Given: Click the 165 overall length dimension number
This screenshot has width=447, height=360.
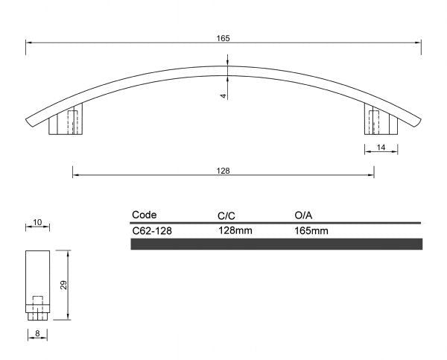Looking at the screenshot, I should [x=223, y=37].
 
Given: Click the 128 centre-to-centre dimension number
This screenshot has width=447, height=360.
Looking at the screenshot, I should [x=223, y=171].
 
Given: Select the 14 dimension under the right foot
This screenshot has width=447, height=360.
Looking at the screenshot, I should [x=381, y=148].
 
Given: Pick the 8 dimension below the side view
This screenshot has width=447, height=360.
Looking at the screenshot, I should [x=37, y=335].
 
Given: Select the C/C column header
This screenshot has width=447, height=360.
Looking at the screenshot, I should [x=226, y=215].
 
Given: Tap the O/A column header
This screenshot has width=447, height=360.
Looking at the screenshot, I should [x=304, y=215].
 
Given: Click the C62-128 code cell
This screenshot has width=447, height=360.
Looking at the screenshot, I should [x=152, y=230].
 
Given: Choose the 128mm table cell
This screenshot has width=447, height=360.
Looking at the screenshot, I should [x=235, y=230].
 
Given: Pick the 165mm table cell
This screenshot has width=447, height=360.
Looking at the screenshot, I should [x=311, y=230].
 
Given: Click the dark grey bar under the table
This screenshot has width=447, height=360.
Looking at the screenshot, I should [x=276, y=244].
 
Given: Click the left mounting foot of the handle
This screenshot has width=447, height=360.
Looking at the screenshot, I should [x=64, y=122].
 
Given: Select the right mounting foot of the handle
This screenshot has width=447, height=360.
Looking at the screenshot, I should [x=381, y=122].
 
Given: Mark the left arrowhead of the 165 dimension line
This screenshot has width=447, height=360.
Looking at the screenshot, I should [x=29, y=42].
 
